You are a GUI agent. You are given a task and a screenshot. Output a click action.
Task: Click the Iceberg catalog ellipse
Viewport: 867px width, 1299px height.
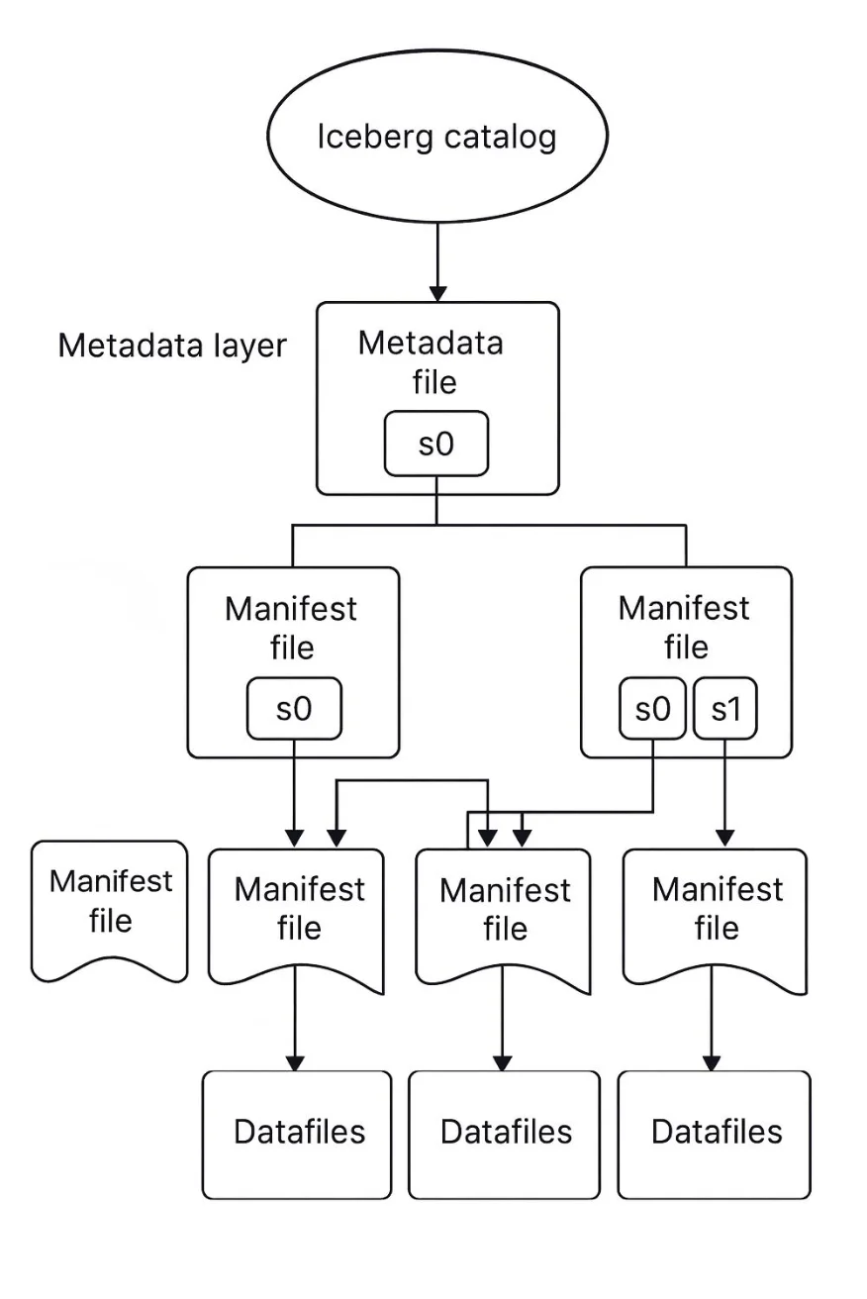(436, 136)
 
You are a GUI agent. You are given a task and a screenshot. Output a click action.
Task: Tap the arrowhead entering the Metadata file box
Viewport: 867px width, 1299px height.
(436, 293)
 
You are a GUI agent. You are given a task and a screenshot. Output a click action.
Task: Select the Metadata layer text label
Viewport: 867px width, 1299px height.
(172, 346)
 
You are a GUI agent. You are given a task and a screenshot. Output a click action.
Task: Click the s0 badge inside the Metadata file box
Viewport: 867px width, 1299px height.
(436, 444)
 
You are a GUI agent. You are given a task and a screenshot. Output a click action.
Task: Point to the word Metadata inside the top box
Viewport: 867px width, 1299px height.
(431, 344)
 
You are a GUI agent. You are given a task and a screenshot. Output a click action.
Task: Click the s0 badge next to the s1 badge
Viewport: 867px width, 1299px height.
(652, 709)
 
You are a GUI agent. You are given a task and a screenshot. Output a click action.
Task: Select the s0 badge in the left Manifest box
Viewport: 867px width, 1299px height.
(294, 709)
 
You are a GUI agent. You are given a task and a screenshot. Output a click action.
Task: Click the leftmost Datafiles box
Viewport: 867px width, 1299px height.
(297, 1134)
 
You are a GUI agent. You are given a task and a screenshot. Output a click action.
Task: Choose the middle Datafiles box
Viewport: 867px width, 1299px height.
(505, 1134)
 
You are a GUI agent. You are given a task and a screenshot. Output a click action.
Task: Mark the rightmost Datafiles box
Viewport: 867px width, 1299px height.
(715, 1134)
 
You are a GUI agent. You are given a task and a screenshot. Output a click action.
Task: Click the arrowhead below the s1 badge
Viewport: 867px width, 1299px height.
(725, 838)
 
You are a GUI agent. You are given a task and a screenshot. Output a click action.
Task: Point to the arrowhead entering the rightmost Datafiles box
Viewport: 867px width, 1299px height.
(712, 1063)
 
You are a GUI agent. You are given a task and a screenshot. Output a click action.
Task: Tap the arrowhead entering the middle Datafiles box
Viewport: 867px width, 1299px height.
(503, 1063)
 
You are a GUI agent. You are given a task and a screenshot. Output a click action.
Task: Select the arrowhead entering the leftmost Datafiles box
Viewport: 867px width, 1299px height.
(295, 1063)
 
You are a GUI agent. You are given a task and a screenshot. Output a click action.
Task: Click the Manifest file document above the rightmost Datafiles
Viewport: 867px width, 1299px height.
(715, 916)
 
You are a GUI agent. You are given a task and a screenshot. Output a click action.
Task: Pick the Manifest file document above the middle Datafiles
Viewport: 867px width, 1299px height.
(504, 916)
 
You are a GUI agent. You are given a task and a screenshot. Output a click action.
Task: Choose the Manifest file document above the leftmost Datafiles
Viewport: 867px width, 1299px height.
(296, 916)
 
